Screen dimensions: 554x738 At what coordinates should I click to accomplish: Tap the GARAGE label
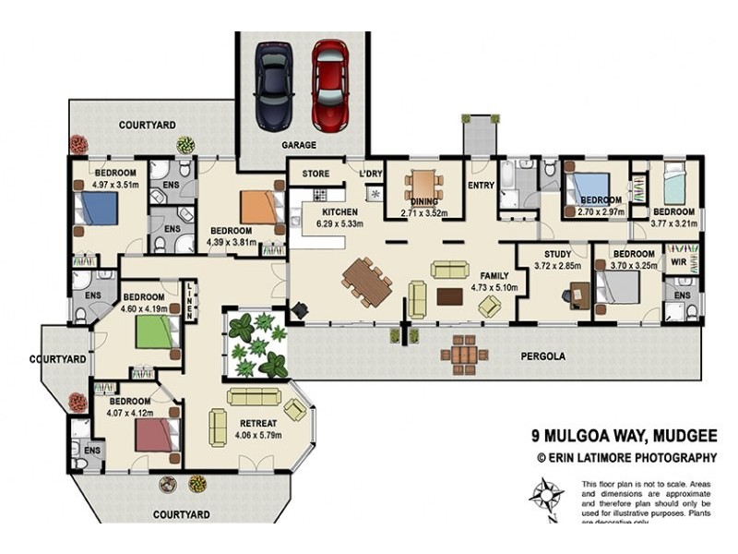tap(299, 145)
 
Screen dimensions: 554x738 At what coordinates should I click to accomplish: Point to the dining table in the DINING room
tap(423, 187)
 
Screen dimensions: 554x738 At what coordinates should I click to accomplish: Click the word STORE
tap(315, 174)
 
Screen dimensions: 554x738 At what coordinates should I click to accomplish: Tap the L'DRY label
tap(372, 174)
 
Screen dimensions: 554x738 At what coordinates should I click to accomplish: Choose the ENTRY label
tap(481, 185)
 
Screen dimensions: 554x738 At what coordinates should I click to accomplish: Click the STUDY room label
tap(557, 254)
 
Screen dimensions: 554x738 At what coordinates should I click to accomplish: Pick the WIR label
tap(678, 262)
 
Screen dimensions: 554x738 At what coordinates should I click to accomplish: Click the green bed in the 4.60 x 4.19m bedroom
tap(154, 332)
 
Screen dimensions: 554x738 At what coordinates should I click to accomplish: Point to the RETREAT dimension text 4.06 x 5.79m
tap(259, 435)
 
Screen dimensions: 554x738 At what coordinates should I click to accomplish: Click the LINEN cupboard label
tap(189, 300)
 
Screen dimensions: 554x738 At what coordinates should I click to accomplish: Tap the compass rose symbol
tap(547, 500)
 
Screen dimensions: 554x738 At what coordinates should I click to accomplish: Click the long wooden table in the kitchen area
tap(368, 281)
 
